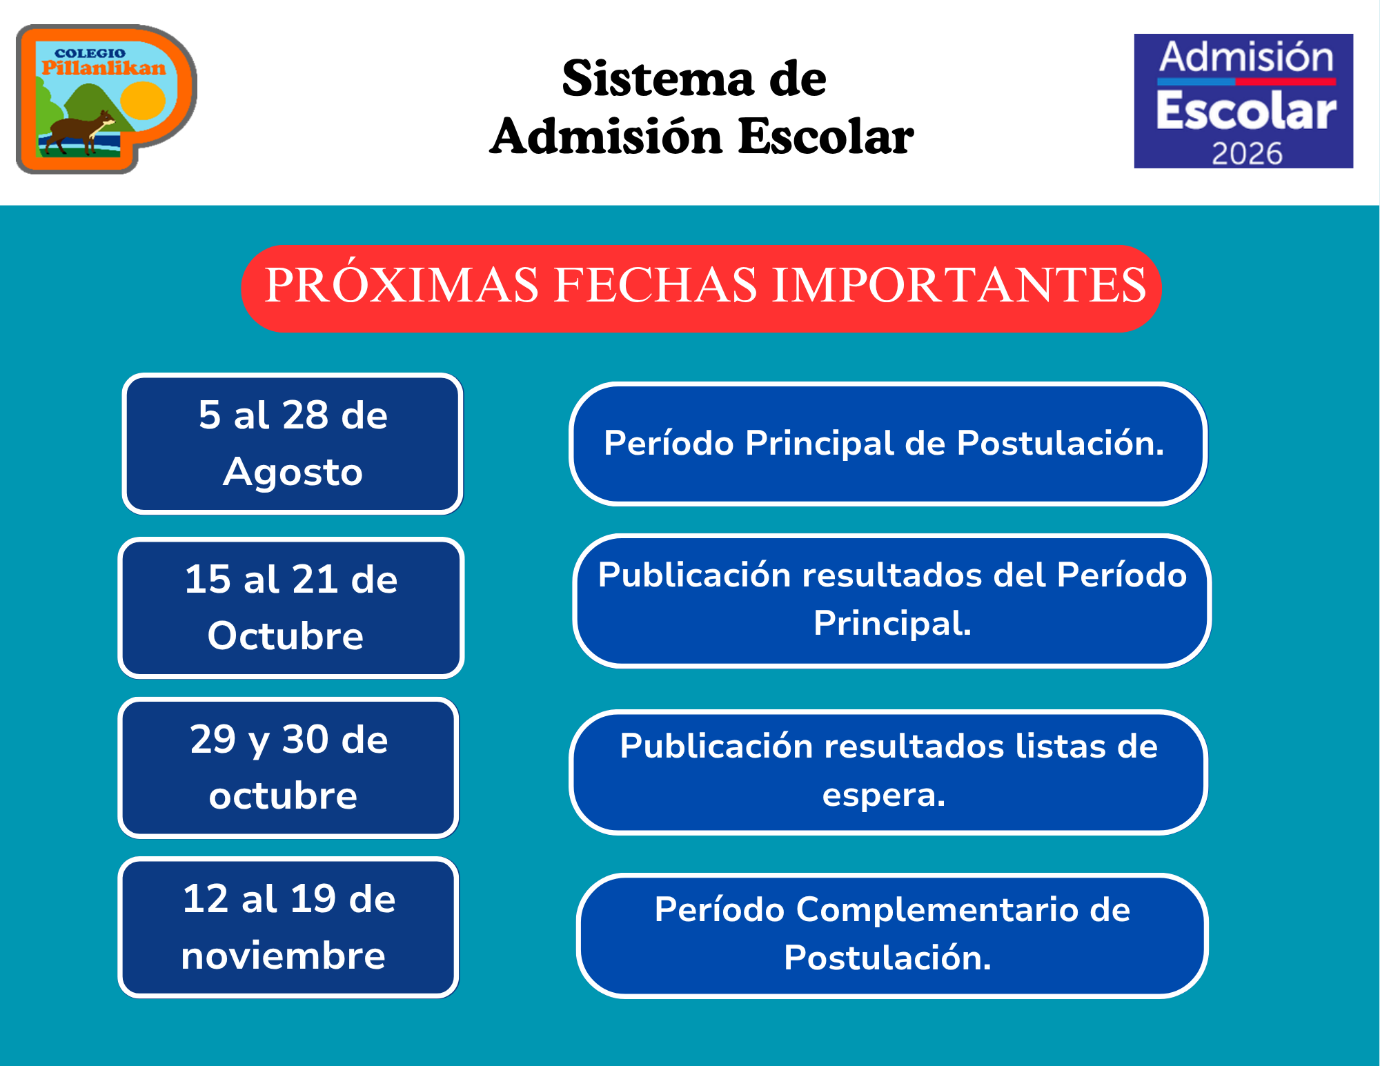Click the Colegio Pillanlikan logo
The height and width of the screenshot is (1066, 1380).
click(x=107, y=99)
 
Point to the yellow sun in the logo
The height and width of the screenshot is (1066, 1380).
click(x=143, y=101)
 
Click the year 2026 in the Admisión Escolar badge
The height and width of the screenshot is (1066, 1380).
click(x=1247, y=153)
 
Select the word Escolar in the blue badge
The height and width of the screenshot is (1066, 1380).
click(x=1246, y=110)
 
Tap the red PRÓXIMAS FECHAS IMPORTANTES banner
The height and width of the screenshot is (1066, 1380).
click(x=701, y=288)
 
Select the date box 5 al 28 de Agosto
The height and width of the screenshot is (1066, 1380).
click(x=293, y=444)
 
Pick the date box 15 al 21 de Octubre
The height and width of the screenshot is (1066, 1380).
click(x=291, y=608)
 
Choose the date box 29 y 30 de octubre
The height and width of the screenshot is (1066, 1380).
click(x=288, y=768)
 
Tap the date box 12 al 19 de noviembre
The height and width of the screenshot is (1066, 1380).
click(x=288, y=927)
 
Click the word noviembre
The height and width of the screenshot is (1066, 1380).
click(x=283, y=956)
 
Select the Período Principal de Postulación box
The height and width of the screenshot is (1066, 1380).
click(x=888, y=444)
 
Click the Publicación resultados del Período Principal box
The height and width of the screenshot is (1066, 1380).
click(x=891, y=600)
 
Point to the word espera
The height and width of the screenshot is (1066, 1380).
click(x=883, y=796)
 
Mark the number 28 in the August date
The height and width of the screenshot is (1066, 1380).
click(x=305, y=415)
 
